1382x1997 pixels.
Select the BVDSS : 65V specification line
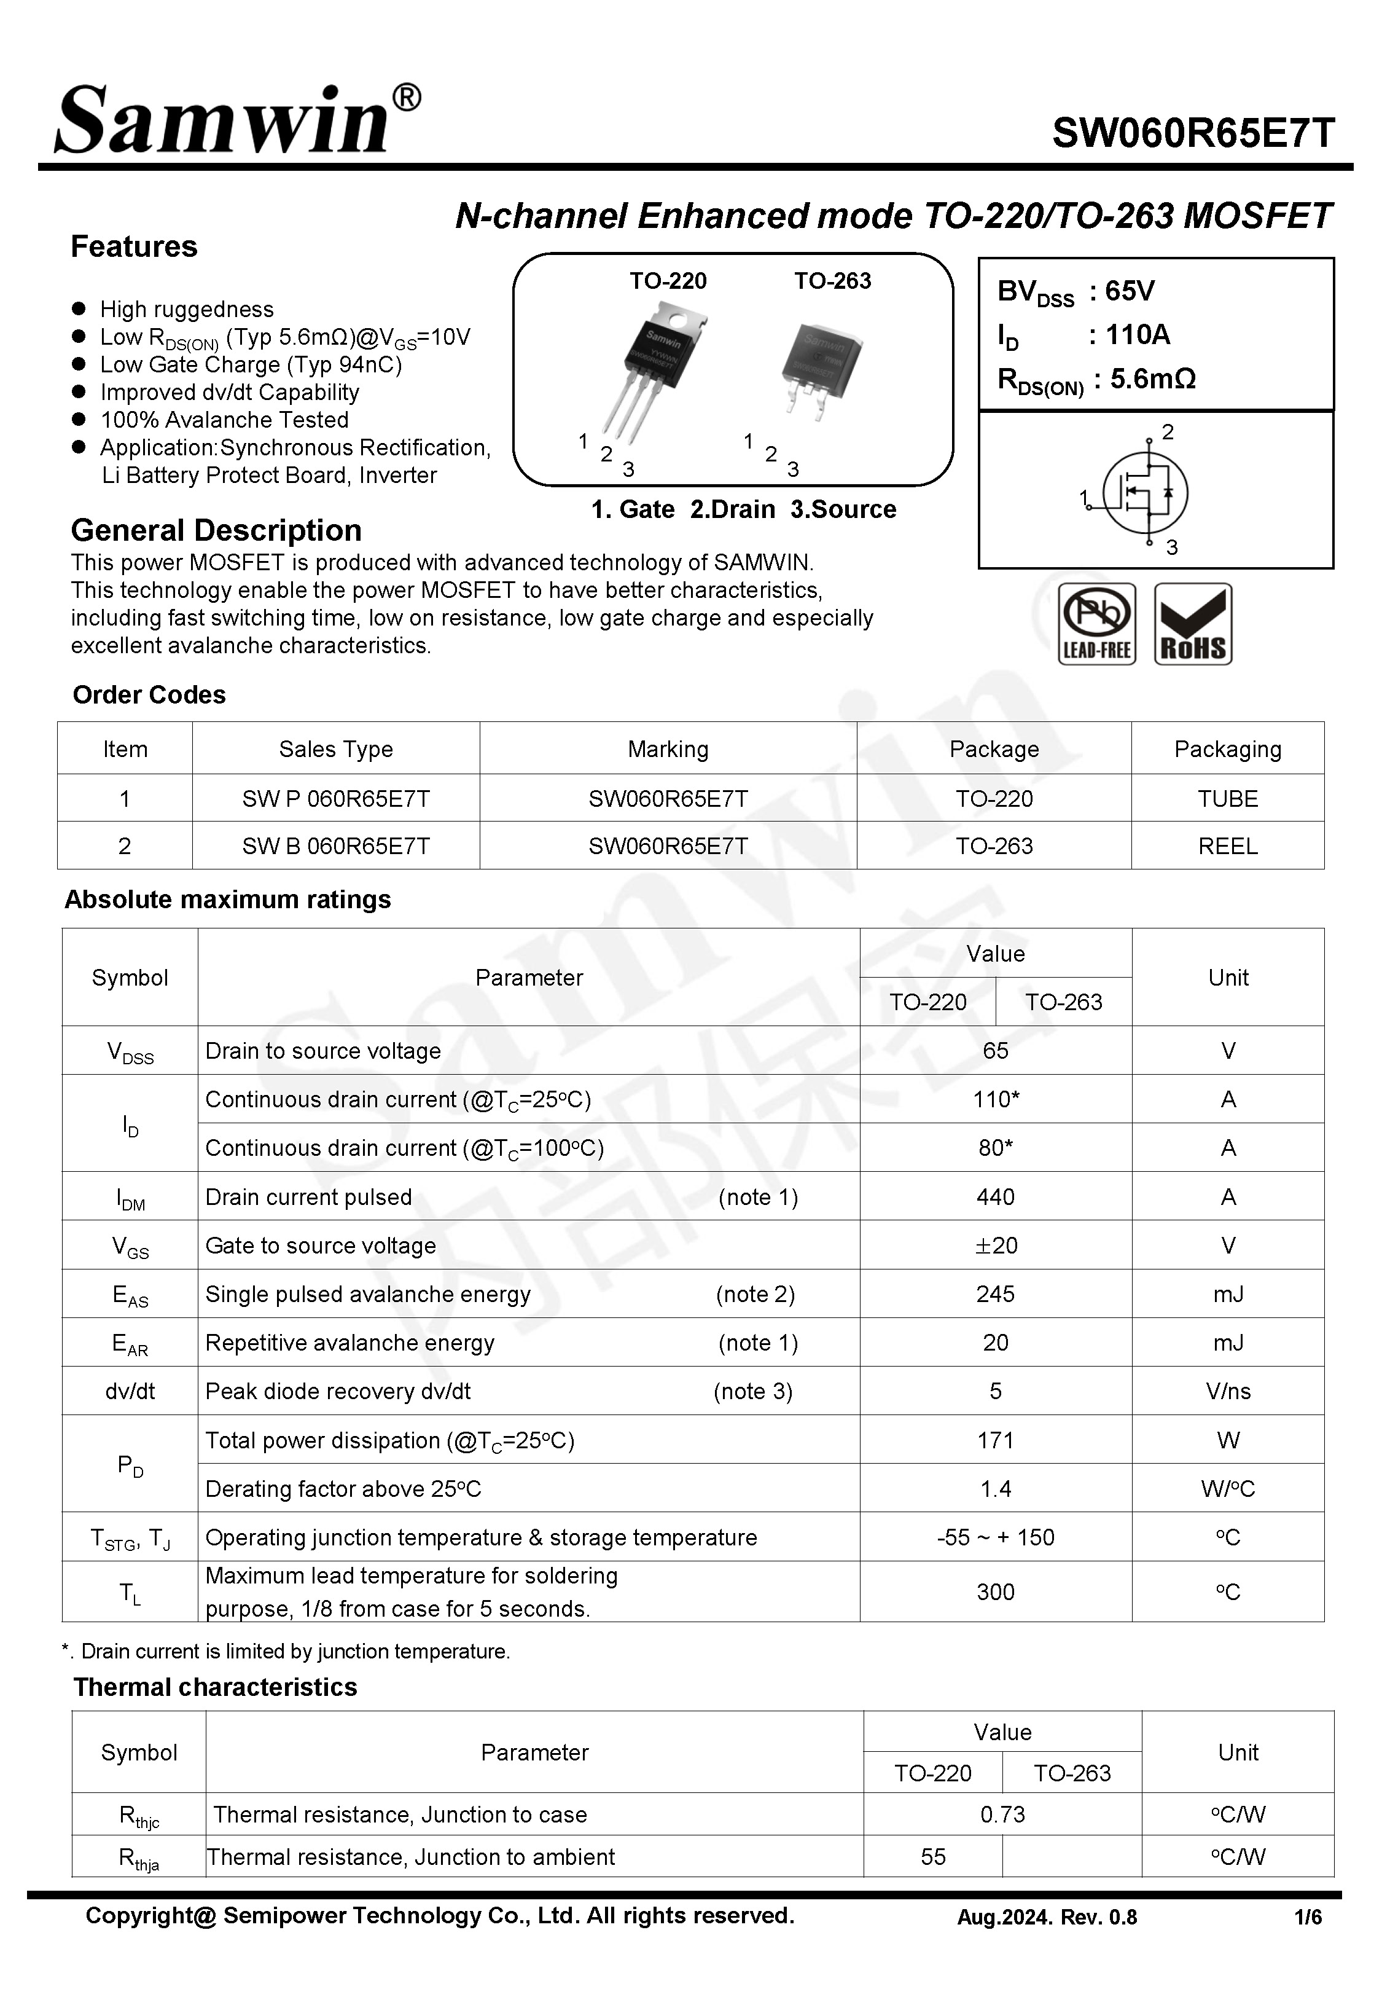click(1076, 292)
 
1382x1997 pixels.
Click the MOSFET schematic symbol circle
click(1145, 493)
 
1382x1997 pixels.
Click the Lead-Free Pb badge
click(1096, 624)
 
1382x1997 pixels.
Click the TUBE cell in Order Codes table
click(1227, 798)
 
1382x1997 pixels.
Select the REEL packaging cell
click(1227, 846)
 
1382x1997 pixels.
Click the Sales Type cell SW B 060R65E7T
click(336, 846)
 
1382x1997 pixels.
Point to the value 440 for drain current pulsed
click(995, 1197)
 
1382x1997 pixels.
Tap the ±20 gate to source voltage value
click(995, 1246)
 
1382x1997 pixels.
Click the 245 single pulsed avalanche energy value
click(995, 1294)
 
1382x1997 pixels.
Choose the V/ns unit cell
click(1227, 1391)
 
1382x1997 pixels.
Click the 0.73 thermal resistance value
click(1002, 1815)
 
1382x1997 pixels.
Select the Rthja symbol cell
click(139, 1858)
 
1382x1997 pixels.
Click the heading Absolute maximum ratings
click(228, 900)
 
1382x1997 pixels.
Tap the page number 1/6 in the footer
click(1308, 1917)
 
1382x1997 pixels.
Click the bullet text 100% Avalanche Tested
click(224, 420)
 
